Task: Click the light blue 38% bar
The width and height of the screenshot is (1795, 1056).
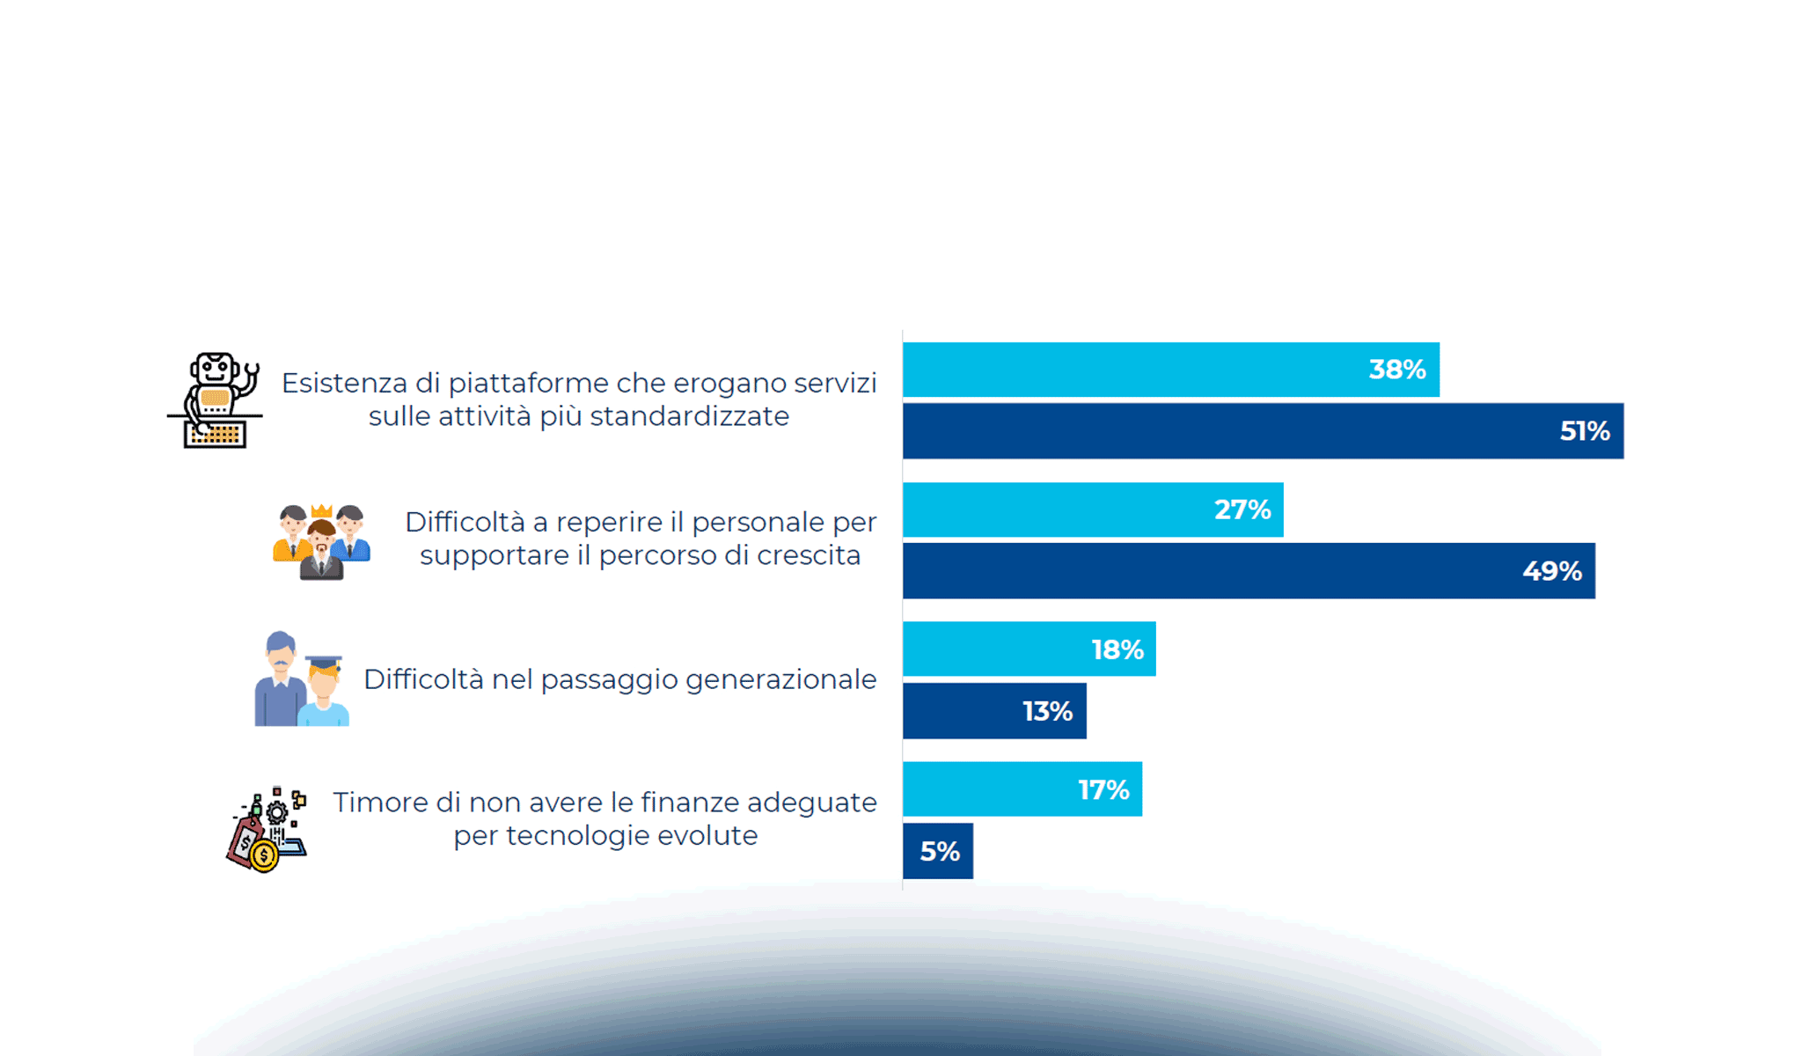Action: coord(1170,370)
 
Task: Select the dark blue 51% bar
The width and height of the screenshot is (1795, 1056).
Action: coord(1263,431)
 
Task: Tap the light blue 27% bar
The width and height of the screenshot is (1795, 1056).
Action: coord(1093,510)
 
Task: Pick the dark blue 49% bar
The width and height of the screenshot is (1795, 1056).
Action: coord(1249,571)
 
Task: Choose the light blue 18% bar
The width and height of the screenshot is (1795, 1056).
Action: coord(1029,649)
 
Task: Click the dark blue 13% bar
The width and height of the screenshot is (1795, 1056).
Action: coord(994,711)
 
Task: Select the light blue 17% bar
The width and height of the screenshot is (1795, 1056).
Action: coord(1022,789)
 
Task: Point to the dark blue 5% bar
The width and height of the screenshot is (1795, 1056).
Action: coord(938,851)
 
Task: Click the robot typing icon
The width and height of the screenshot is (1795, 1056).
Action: coord(216,400)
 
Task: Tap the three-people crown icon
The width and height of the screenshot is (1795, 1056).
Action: coord(321,541)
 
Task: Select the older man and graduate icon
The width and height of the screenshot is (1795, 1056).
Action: coord(301,679)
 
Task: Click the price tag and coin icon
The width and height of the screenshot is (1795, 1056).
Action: coord(266,830)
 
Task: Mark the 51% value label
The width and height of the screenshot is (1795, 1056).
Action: coord(1585,431)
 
